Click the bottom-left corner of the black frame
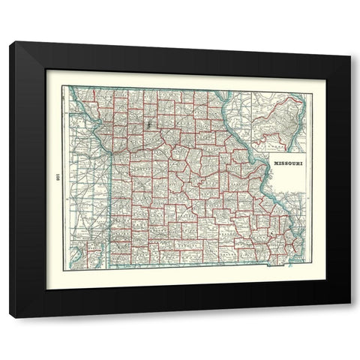pyautogui.click(x=10, y=316)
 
